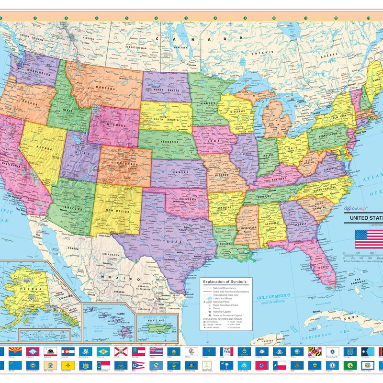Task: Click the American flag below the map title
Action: click(369, 239)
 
